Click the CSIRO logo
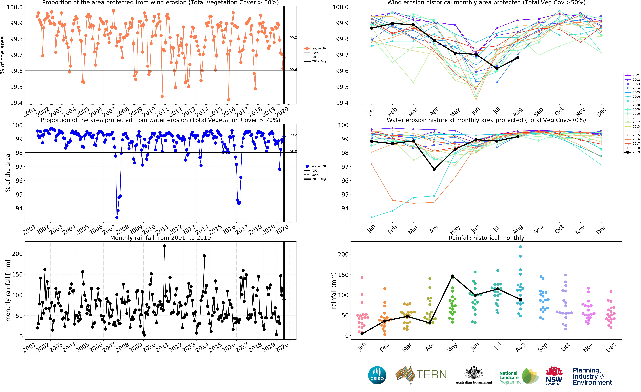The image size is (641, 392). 377,375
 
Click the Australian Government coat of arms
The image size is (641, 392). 474,373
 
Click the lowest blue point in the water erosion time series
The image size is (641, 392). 117,217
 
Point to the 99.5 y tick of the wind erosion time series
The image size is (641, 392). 16,87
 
